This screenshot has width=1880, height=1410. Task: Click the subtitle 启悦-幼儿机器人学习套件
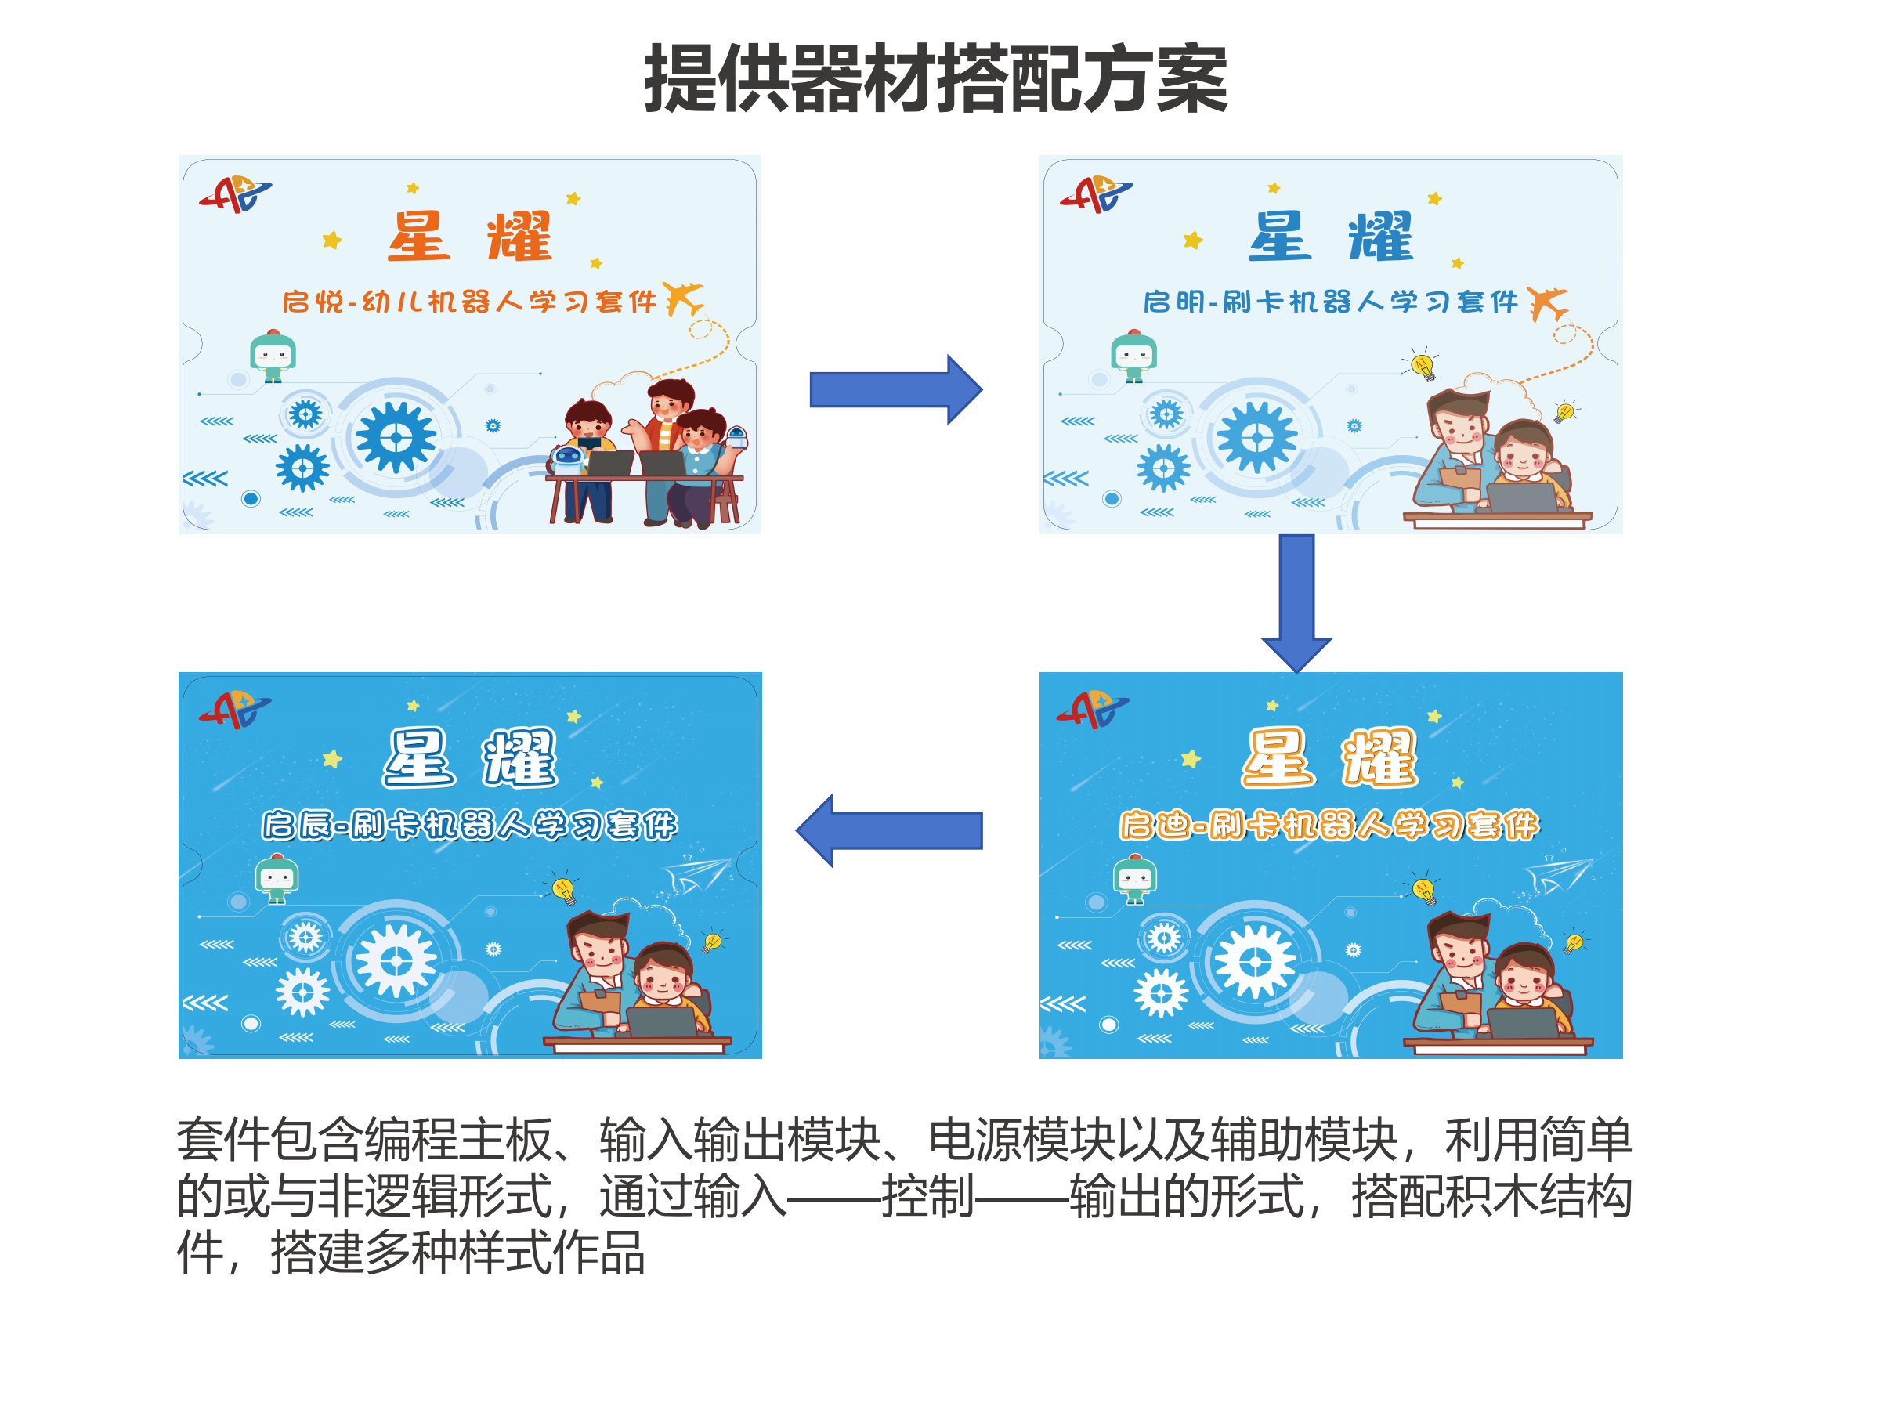coord(469,302)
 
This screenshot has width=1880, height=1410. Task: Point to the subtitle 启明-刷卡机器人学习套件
coord(1330,302)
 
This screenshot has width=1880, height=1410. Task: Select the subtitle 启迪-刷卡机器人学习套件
coord(1329,824)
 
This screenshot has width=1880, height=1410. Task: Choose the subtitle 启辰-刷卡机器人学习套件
coord(469,824)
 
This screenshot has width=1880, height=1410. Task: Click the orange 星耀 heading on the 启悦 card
coord(469,237)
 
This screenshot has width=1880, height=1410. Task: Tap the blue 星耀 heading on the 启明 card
coord(1330,237)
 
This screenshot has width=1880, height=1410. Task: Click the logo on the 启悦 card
coord(236,194)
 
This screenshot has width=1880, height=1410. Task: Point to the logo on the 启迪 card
coord(1093,710)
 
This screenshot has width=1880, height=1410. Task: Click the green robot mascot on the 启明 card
coord(1133,356)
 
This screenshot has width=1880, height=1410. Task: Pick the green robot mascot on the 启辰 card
coord(277,878)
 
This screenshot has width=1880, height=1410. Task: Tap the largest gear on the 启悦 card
coord(396,438)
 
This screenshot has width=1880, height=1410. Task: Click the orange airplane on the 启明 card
coord(1546,302)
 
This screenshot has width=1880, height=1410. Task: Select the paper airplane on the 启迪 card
coord(1556,876)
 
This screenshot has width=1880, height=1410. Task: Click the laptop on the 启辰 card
coord(662,1020)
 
